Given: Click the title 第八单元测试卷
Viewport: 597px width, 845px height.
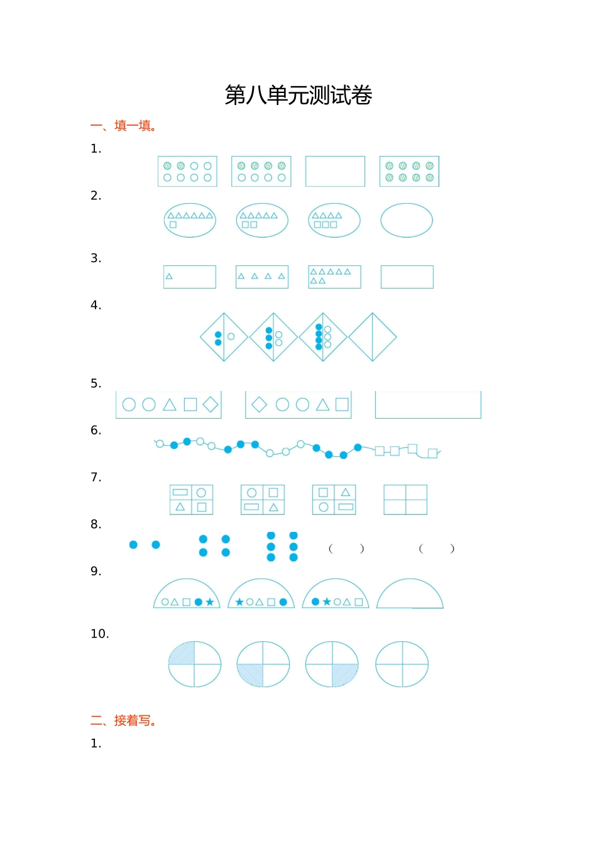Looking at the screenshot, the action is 298,95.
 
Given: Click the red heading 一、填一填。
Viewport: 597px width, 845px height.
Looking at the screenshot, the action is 124,126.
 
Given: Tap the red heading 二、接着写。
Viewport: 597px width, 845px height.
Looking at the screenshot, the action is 124,721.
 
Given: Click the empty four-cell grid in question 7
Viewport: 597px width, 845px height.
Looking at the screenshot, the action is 405,499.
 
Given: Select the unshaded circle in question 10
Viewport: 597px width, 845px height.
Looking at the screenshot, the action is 402,665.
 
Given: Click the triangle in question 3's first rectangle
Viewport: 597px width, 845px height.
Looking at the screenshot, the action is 169,276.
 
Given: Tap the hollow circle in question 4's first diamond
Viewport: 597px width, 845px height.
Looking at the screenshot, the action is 231,336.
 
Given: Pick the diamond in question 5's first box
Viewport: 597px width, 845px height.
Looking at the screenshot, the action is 211,404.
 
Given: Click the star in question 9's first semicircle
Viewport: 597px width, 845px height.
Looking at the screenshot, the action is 210,602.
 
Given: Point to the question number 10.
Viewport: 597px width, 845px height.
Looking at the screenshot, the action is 99,634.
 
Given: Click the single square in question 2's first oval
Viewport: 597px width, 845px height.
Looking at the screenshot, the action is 173,225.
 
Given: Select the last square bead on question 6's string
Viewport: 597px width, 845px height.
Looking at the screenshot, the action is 432,453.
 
